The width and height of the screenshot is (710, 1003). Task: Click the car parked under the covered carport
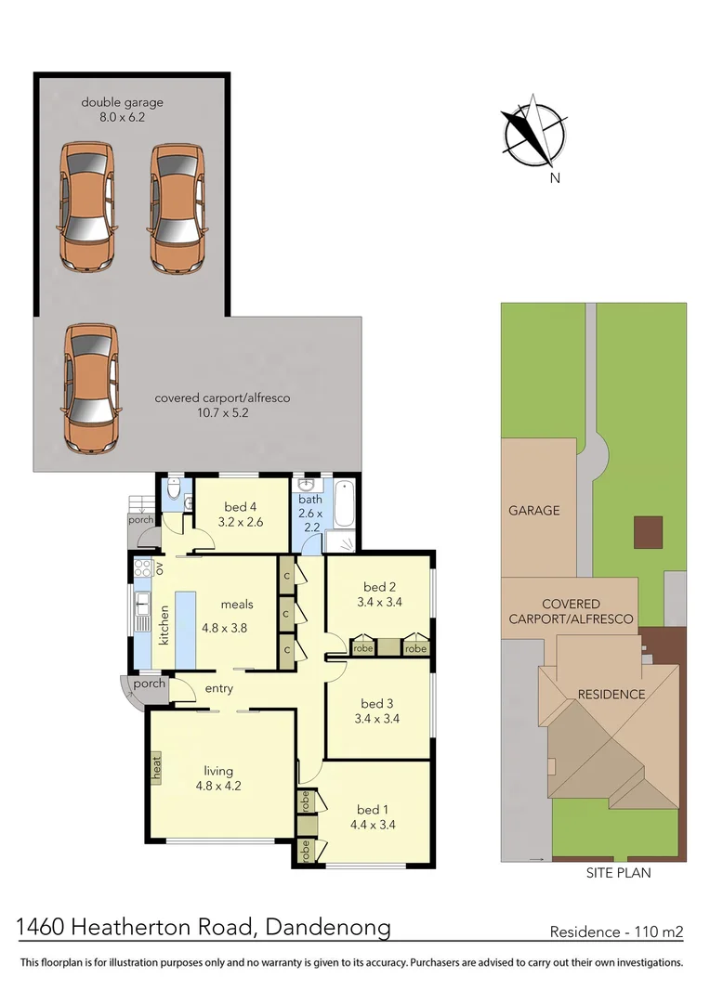pyautogui.click(x=91, y=388)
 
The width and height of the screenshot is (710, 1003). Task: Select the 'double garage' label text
pyautogui.click(x=122, y=102)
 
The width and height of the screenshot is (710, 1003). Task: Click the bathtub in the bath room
pyautogui.click(x=343, y=503)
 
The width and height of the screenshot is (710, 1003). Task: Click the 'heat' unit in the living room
pyautogui.click(x=156, y=767)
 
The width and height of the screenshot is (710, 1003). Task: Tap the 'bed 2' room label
pyautogui.click(x=380, y=587)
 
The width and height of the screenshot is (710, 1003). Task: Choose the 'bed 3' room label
pyautogui.click(x=377, y=704)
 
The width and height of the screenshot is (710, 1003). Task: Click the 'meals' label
pyautogui.click(x=237, y=605)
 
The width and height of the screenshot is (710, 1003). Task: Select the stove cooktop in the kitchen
pyautogui.click(x=142, y=568)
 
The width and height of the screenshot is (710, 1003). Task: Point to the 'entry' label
pyautogui.click(x=219, y=689)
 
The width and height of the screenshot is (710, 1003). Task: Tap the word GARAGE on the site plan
pyautogui.click(x=534, y=511)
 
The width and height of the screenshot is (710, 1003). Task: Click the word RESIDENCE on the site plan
pyautogui.click(x=611, y=694)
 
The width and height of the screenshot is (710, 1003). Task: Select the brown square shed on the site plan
pyautogui.click(x=648, y=532)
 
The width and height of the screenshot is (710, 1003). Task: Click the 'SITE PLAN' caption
pyautogui.click(x=618, y=872)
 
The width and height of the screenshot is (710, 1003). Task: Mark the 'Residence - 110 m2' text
pyautogui.click(x=616, y=932)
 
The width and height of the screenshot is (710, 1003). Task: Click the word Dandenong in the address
pyautogui.click(x=328, y=928)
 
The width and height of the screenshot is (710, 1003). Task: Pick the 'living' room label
pyautogui.click(x=218, y=772)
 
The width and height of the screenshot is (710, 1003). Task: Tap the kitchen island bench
pyautogui.click(x=185, y=629)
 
